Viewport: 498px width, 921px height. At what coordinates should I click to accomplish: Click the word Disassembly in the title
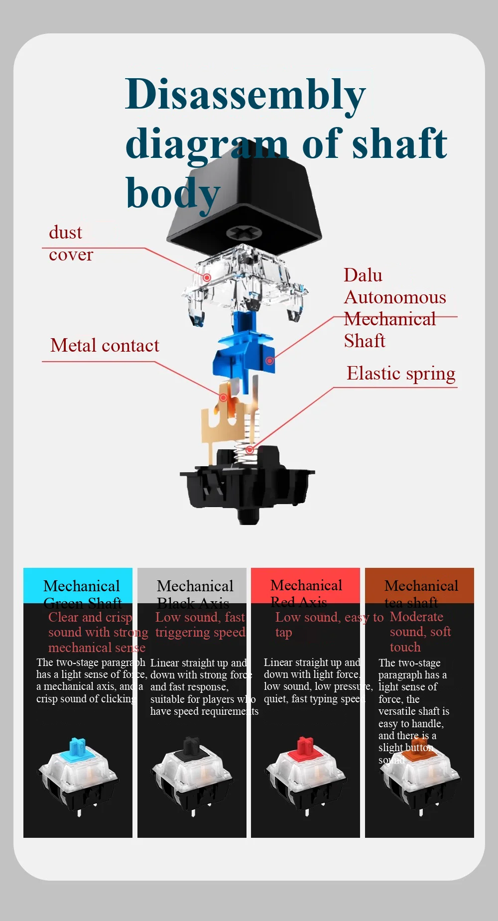pyautogui.click(x=245, y=95)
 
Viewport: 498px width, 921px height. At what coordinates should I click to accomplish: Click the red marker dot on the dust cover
pyautogui.click(x=207, y=277)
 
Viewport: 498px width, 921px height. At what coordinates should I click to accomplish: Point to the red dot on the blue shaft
pyautogui.click(x=269, y=360)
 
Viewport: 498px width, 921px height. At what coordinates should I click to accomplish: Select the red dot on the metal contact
pyautogui.click(x=224, y=397)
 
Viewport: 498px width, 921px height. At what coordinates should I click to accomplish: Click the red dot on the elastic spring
pyautogui.click(x=250, y=450)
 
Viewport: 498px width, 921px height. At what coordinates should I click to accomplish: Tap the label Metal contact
pyautogui.click(x=105, y=346)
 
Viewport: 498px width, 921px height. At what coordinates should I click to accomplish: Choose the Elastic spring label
pyautogui.click(x=401, y=374)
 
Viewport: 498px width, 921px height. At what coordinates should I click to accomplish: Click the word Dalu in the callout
pyautogui.click(x=363, y=275)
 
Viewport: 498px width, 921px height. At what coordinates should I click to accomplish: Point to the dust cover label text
pyautogui.click(x=70, y=244)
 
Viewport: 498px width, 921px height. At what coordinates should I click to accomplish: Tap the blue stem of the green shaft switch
pyautogui.click(x=77, y=747)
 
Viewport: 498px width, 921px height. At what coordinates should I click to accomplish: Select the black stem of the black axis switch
pyautogui.click(x=191, y=747)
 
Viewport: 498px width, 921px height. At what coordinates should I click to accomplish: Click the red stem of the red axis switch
pyautogui.click(x=305, y=747)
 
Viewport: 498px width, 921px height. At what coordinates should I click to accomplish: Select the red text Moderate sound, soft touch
pyautogui.click(x=420, y=632)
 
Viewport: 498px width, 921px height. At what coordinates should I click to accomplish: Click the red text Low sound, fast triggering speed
pyautogui.click(x=200, y=625)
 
